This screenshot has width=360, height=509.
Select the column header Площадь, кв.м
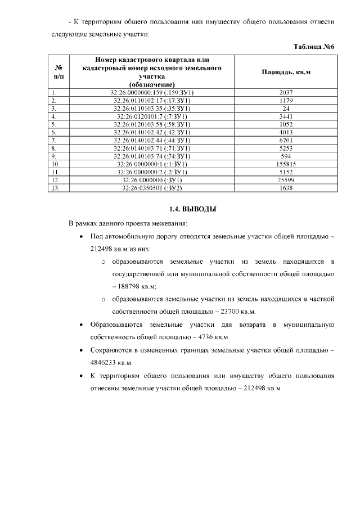click(x=286, y=73)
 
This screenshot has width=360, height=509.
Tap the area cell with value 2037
click(x=286, y=92)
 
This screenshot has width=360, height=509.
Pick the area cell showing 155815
click(x=286, y=164)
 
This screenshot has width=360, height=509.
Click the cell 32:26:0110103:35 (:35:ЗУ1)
click(x=151, y=109)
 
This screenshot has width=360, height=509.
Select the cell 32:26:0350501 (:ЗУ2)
click(x=151, y=188)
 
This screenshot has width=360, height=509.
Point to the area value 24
click(x=286, y=109)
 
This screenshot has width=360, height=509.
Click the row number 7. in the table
click(x=54, y=140)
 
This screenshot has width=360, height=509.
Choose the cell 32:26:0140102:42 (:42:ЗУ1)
click(x=151, y=132)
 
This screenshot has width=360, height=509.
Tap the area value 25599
click(x=286, y=180)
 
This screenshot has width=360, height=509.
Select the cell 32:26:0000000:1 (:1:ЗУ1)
click(x=151, y=164)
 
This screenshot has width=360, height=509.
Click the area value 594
click(x=286, y=156)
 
